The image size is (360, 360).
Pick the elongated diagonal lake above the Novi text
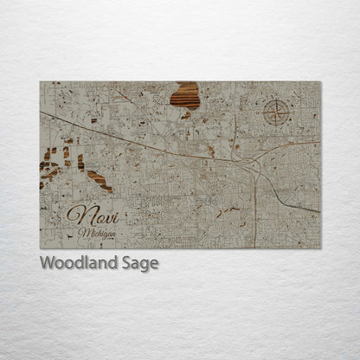pos(98,179)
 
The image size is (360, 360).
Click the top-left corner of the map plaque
pos(40,82)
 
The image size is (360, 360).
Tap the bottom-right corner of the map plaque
pos(320,248)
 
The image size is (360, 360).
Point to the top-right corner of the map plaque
pos(320,82)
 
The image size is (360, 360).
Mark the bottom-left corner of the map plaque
pos(40,248)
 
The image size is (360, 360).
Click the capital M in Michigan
pos(80,231)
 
